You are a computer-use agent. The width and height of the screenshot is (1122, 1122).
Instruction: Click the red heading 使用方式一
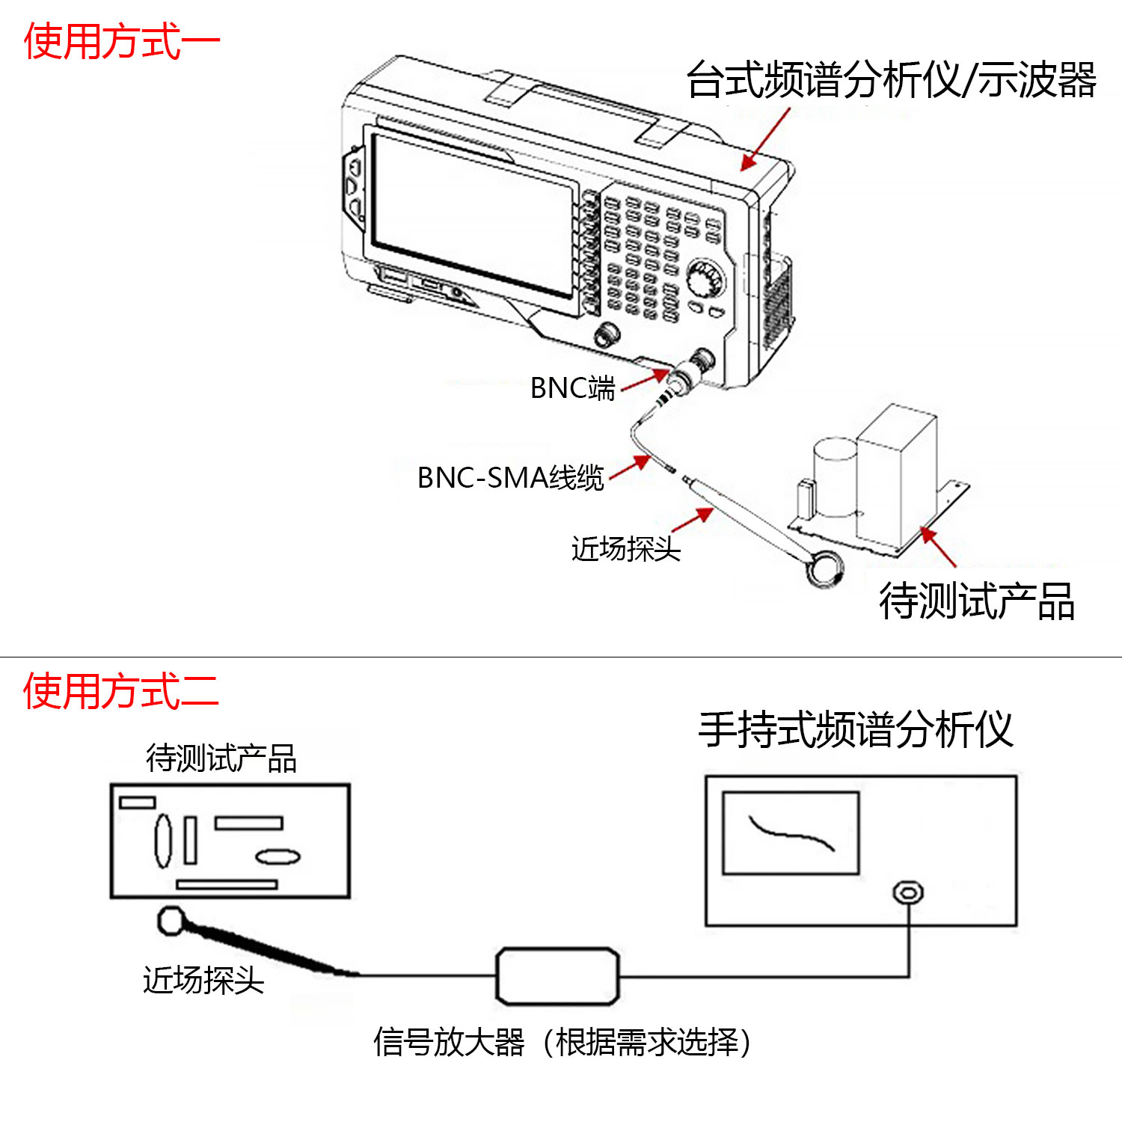(122, 41)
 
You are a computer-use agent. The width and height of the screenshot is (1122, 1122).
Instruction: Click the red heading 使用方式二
(121, 690)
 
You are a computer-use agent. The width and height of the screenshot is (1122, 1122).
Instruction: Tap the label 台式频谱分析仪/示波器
(892, 79)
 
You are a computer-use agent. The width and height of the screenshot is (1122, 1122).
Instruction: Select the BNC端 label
(572, 388)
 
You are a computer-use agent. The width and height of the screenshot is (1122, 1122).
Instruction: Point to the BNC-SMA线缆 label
(510, 477)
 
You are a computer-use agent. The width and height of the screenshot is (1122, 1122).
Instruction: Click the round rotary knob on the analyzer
(705, 279)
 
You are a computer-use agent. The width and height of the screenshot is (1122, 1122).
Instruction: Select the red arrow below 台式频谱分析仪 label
(765, 139)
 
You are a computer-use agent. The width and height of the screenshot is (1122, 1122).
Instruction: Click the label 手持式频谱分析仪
(856, 729)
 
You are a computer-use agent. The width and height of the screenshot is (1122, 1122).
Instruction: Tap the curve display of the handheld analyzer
(791, 833)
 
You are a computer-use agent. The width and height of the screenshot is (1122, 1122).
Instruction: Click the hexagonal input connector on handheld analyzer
(908, 892)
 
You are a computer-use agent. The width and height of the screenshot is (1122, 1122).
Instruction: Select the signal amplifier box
(558, 976)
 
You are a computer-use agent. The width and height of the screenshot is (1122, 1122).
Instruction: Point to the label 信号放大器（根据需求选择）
(562, 1042)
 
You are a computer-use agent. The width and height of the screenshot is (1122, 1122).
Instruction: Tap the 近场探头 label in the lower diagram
(203, 980)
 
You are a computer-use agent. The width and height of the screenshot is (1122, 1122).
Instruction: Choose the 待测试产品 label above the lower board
(221, 758)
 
